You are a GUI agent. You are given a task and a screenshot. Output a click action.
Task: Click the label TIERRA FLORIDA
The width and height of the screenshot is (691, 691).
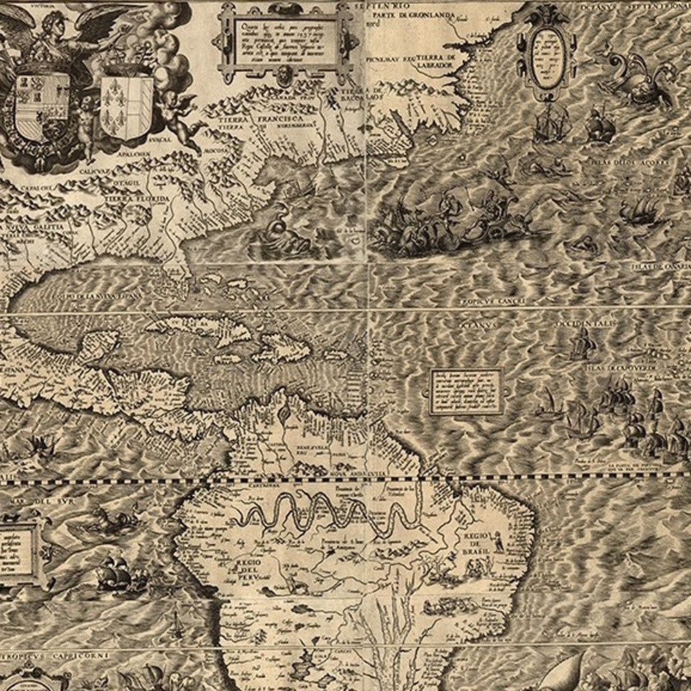[136, 199]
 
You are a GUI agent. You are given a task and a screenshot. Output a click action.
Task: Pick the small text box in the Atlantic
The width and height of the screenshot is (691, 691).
[466, 390]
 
